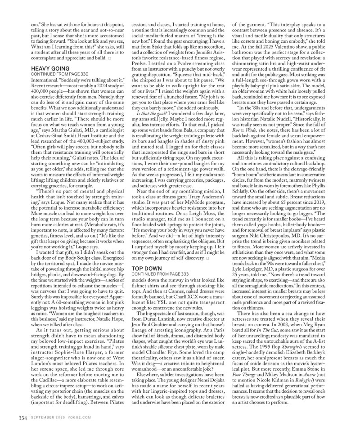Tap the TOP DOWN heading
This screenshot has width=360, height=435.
[x=144, y=268]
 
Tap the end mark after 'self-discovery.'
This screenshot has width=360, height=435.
[x=207, y=258]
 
